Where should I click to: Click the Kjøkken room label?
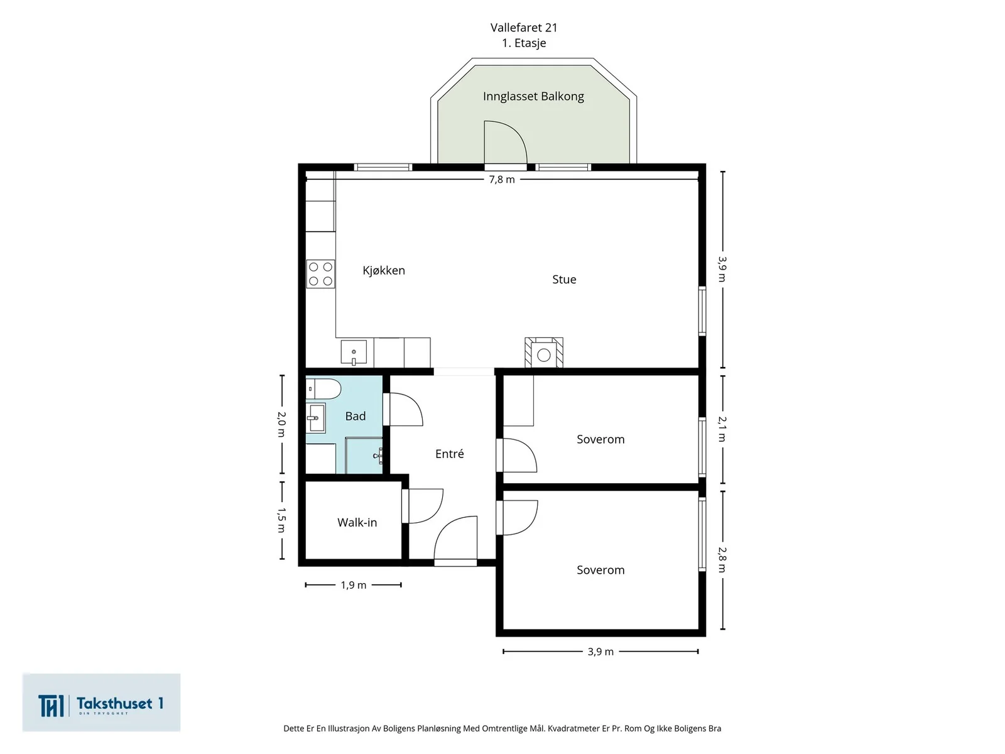click(x=384, y=271)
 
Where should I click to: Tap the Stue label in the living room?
click(x=564, y=279)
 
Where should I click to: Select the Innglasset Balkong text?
click(x=533, y=97)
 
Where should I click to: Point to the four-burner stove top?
click(x=320, y=274)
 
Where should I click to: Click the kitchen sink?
click(x=354, y=352)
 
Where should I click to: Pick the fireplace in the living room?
click(x=544, y=352)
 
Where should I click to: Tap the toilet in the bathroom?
click(x=323, y=389)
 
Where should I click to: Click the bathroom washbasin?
click(x=315, y=417)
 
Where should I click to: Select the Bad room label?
click(x=356, y=416)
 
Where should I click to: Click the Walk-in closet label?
click(x=357, y=522)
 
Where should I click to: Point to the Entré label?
click(x=450, y=454)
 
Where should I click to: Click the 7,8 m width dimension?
click(x=502, y=180)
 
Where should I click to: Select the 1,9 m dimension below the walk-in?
click(x=354, y=585)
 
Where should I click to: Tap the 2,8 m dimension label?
click(x=722, y=560)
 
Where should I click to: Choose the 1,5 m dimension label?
click(x=281, y=520)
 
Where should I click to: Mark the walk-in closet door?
click(x=423, y=506)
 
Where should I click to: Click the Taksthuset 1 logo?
click(x=101, y=702)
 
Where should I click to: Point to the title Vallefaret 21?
click(x=524, y=28)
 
